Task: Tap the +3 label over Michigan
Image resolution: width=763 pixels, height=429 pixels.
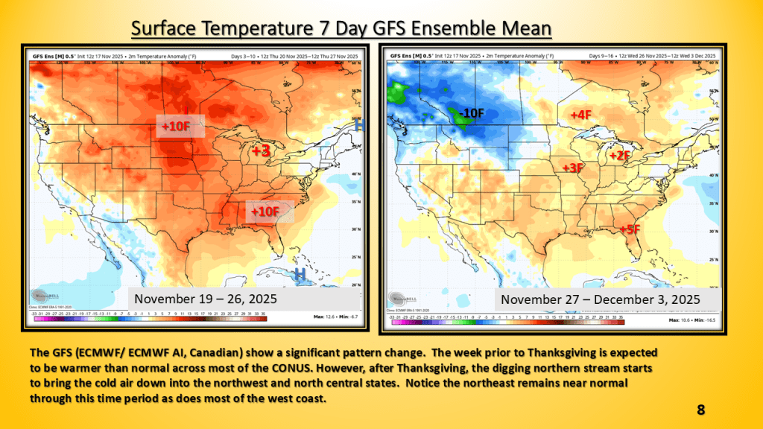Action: pyautogui.click(x=260, y=151)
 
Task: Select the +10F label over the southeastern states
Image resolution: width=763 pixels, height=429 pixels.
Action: pyautogui.click(x=265, y=212)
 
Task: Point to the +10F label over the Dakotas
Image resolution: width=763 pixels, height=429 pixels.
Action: pyautogui.click(x=177, y=127)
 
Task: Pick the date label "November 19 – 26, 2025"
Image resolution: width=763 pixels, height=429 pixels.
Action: pyautogui.click(x=206, y=299)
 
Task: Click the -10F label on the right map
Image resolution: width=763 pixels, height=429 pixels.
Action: pyautogui.click(x=471, y=113)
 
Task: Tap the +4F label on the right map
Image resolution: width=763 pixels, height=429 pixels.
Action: pyautogui.click(x=580, y=115)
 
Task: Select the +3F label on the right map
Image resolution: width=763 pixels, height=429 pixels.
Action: pyautogui.click(x=572, y=168)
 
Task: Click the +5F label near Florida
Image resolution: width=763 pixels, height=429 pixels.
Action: pyautogui.click(x=630, y=229)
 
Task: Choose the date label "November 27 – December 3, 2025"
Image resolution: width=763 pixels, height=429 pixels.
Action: pyautogui.click(x=601, y=299)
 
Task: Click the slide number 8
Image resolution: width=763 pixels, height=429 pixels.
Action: pyautogui.click(x=700, y=410)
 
